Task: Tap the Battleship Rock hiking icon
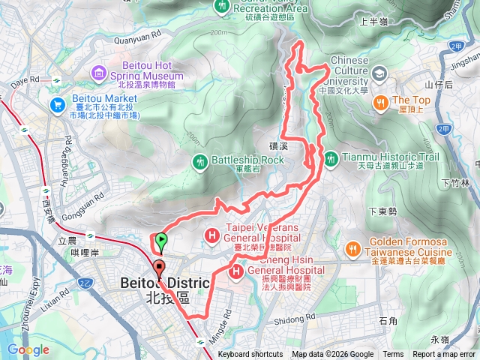click(199, 160)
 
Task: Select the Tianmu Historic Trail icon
click(330, 157)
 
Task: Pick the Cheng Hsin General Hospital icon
click(236, 271)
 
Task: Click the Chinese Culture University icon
click(379, 72)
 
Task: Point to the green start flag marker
click(161, 241)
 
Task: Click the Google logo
click(28, 349)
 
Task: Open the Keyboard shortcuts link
click(250, 355)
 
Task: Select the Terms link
click(393, 355)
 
